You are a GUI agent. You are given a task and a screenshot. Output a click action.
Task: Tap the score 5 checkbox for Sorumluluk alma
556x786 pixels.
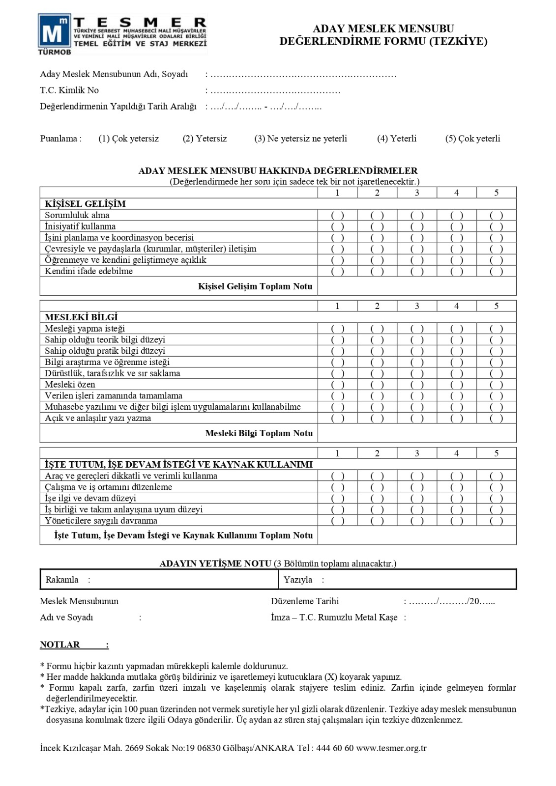(x=496, y=215)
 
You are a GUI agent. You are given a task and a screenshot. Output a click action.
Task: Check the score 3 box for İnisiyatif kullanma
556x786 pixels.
(x=417, y=226)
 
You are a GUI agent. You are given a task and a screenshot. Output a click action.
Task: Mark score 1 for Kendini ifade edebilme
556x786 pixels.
(x=337, y=271)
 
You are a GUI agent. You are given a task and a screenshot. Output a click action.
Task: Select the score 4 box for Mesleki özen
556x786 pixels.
(x=457, y=385)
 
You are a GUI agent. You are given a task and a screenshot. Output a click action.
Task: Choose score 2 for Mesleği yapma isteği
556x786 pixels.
(x=377, y=329)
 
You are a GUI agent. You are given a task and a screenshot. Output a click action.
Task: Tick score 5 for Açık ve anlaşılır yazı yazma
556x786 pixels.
(x=496, y=418)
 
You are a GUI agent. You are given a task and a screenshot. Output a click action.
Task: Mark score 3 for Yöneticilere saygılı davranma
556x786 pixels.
(x=417, y=521)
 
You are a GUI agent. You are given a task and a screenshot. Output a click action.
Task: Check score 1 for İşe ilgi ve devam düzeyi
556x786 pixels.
(x=337, y=498)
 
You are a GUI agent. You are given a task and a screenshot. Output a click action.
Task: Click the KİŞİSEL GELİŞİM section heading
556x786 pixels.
(x=85, y=204)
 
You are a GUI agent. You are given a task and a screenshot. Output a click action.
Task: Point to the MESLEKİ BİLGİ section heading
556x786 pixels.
(x=81, y=317)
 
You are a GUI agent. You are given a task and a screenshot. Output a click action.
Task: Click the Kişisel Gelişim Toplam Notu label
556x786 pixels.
(x=255, y=286)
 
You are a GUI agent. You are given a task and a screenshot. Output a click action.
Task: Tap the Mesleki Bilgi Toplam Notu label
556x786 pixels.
(x=259, y=433)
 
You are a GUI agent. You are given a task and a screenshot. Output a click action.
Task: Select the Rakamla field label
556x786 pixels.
(x=62, y=580)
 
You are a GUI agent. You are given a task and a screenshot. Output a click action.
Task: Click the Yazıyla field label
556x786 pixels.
(x=298, y=580)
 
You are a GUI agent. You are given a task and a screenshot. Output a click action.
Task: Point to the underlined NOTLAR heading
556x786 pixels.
(x=60, y=645)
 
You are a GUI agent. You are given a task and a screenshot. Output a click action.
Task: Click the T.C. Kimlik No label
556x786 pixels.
(x=69, y=90)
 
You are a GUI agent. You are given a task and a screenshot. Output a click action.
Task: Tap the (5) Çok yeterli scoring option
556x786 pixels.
(x=472, y=139)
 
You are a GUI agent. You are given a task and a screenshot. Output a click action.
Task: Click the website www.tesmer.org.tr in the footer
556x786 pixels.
(x=391, y=748)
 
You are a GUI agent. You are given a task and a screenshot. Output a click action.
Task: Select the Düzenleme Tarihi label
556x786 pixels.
(x=305, y=601)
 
